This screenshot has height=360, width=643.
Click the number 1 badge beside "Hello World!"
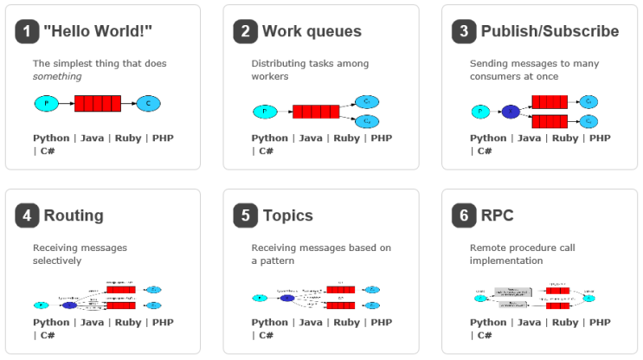[28, 32]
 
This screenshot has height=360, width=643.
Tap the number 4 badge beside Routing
[28, 215]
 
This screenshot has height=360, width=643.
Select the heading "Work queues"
[312, 32]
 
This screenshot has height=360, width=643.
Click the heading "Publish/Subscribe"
[550, 32]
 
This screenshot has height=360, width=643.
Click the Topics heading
[287, 215]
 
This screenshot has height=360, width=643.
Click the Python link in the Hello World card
[51, 138]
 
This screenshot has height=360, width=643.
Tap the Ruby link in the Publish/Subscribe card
[565, 138]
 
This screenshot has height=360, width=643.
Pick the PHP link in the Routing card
[163, 322]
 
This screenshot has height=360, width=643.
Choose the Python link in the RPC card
[488, 322]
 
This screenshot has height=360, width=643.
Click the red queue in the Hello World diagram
[97, 104]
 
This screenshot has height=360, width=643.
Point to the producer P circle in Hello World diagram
[46, 104]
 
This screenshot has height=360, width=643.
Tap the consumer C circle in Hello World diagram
[148, 104]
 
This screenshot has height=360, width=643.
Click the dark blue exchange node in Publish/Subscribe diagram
[511, 111]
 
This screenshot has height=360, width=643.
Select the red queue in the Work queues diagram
[316, 111]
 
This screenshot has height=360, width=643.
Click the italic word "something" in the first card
[57, 76]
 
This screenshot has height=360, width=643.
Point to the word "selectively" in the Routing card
[57, 260]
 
